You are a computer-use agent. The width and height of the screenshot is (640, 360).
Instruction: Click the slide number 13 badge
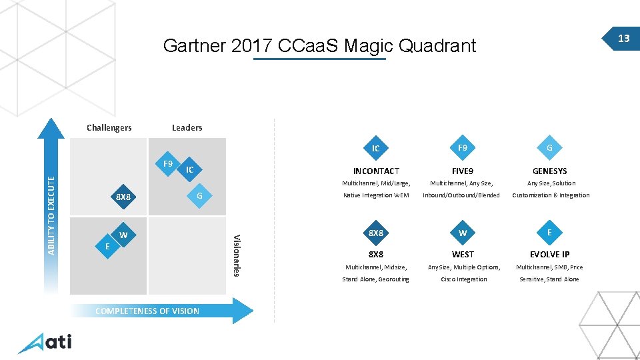click(x=623, y=39)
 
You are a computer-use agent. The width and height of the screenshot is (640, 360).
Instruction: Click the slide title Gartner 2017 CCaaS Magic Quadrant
click(x=319, y=45)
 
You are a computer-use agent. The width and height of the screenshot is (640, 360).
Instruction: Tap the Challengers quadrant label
click(x=109, y=127)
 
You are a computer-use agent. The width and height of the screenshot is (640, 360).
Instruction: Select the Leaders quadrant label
click(x=187, y=127)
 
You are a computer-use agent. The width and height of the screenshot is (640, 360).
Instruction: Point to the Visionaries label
click(x=235, y=254)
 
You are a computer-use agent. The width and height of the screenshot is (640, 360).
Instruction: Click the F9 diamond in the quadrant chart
click(x=168, y=163)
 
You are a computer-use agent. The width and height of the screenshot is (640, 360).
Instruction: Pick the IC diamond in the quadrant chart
click(x=189, y=170)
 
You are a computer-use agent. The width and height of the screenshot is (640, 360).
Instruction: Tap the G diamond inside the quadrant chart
click(x=199, y=195)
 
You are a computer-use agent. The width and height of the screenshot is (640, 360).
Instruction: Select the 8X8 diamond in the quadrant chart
click(x=123, y=197)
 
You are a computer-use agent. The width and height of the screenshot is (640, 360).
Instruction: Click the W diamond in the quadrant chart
click(x=123, y=235)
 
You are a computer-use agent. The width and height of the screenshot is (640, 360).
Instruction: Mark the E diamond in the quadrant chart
click(x=107, y=246)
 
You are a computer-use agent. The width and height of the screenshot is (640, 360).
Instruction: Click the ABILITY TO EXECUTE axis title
click(x=52, y=211)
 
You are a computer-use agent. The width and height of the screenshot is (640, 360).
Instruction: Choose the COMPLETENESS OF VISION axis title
click(x=147, y=311)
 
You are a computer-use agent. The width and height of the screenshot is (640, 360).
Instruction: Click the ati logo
click(x=45, y=343)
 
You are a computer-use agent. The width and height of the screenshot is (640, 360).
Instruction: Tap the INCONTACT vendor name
click(x=376, y=171)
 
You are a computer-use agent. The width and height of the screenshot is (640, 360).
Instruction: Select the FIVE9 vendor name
click(x=463, y=171)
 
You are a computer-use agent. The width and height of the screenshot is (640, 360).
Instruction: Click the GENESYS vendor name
click(x=549, y=171)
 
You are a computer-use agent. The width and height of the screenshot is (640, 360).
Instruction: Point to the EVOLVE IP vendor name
click(x=549, y=255)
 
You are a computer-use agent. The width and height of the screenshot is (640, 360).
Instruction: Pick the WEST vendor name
click(x=463, y=255)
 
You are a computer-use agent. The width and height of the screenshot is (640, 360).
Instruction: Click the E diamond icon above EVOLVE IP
click(x=549, y=232)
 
